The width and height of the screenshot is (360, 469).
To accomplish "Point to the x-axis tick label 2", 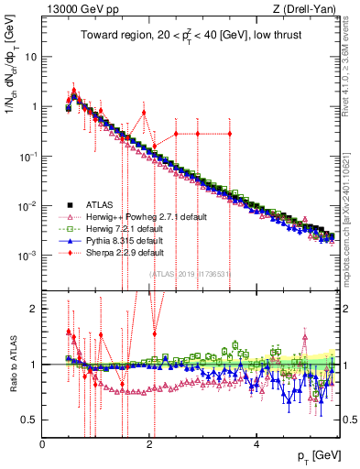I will [x=150, y=443].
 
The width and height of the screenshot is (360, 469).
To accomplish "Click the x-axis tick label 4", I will [x=256, y=443].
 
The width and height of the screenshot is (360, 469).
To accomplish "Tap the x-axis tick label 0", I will [x=43, y=443].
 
